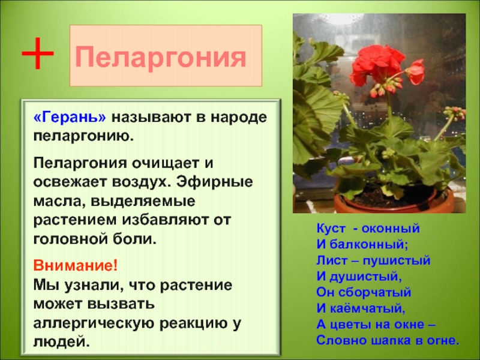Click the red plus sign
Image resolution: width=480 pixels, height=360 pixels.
[37, 53]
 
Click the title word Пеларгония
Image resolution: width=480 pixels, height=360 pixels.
[161, 57]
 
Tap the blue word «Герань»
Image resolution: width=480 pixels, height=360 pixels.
[70, 116]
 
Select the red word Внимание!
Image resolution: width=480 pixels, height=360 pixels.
[76, 265]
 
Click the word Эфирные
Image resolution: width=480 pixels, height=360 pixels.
[215, 182]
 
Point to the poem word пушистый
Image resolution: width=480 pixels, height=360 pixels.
[397, 260]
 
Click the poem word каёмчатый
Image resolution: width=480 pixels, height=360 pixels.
[367, 308]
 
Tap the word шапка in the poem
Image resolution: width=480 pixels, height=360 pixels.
[388, 340]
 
